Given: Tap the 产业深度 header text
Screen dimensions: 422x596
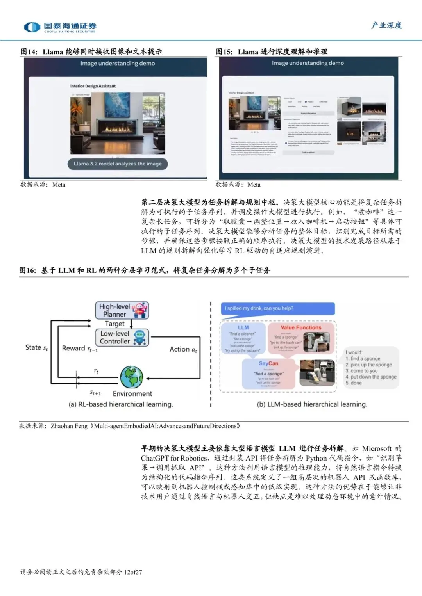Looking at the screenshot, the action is [x=386, y=26].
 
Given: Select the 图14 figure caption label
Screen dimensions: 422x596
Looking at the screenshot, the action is [x=29, y=52].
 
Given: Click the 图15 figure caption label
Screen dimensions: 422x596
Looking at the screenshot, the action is [x=224, y=52].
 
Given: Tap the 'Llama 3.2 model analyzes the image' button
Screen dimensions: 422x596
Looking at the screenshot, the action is [x=118, y=164].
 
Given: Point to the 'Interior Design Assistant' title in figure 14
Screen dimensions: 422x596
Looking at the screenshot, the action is [x=93, y=86].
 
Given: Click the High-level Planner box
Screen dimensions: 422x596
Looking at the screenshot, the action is [x=122, y=310].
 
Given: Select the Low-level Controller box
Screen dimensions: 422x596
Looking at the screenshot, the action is [x=122, y=337].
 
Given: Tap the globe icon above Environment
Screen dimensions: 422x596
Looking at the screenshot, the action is [x=131, y=377].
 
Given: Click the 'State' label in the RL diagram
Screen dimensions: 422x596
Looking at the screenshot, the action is [x=36, y=347].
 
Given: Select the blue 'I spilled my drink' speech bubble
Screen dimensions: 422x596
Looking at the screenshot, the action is [x=277, y=308].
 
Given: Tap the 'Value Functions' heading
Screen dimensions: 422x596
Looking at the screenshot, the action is [x=301, y=327].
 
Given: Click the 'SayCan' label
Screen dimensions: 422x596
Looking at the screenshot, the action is [x=268, y=363].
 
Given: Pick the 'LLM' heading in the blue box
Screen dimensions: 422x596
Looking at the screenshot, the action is [x=243, y=327].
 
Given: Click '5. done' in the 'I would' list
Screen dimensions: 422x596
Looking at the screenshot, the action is [x=354, y=383].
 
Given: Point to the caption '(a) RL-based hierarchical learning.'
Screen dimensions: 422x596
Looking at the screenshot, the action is [x=121, y=404].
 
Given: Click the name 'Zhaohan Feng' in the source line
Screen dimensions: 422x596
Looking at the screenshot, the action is [x=69, y=426].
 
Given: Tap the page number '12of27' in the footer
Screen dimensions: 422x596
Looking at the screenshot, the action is [x=133, y=572].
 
